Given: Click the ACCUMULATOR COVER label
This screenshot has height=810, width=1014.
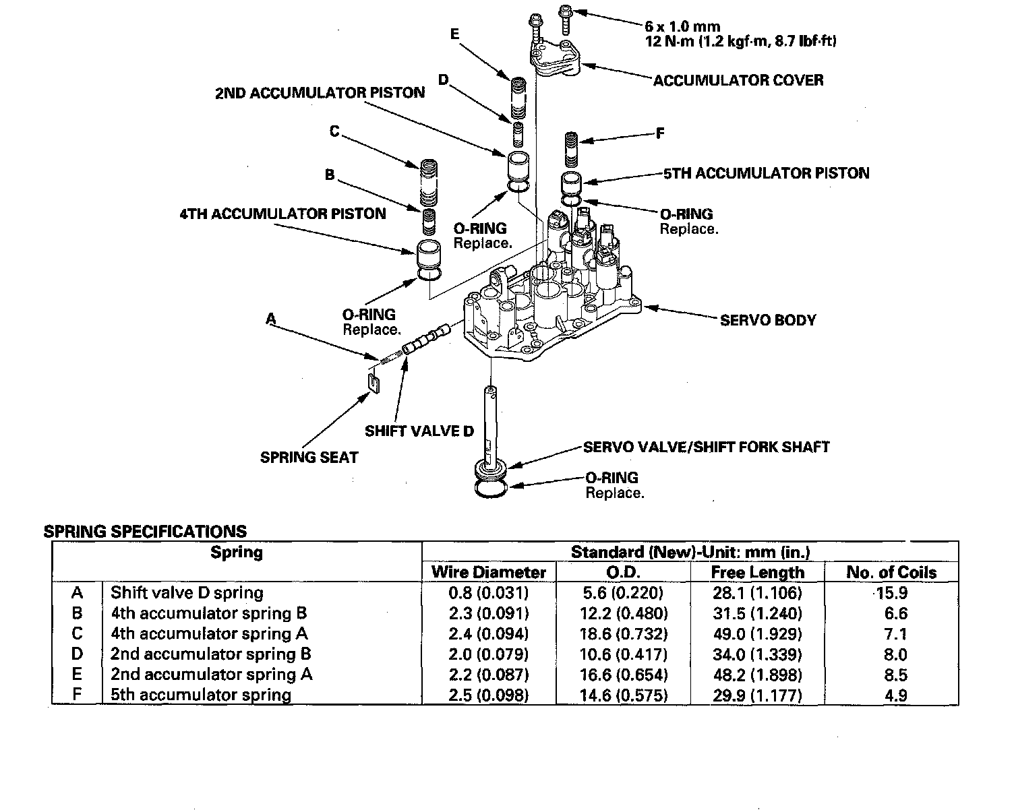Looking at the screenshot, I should tap(738, 80).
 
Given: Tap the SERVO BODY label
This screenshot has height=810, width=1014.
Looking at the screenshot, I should tap(768, 320).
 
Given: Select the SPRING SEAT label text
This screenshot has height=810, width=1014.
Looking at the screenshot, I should tap(309, 458).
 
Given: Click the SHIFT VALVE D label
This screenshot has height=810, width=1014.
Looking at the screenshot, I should tap(419, 431).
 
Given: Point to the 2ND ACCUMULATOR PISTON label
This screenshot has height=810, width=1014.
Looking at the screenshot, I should tap(320, 93).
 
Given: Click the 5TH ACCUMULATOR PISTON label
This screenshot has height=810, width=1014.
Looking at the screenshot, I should tap(766, 173).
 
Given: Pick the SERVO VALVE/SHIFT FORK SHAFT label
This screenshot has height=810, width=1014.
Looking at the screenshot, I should tap(706, 447).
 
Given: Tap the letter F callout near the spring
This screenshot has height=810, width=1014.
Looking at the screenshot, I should tap(660, 133).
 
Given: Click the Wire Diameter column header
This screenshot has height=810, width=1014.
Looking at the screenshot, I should tap(489, 573).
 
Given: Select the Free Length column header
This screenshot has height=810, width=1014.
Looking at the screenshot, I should tap(758, 573).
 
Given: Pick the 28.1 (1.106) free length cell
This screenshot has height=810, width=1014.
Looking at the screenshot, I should tap(758, 593).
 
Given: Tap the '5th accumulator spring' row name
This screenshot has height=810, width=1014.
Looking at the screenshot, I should tap(200, 695).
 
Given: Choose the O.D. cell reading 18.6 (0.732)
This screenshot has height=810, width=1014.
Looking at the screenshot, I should tap(623, 634).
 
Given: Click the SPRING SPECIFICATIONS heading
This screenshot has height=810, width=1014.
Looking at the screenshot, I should tap(145, 531).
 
